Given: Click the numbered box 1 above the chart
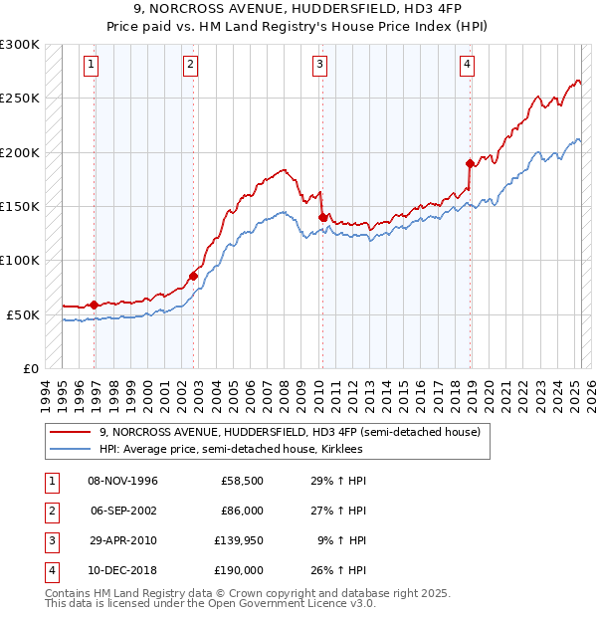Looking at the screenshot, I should (91, 66).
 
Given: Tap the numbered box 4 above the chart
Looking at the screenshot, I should (467, 66).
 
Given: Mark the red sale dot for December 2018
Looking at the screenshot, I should (470, 162).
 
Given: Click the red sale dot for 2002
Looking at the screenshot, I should (193, 276).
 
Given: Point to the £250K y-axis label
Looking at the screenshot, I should (20, 99).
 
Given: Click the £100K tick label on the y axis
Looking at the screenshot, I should (20, 260).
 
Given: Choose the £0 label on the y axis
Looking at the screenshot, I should (31, 368).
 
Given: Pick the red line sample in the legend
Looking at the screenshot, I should (69, 433).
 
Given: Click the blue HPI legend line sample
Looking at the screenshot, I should (69, 449).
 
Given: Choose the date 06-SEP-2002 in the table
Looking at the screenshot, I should (123, 512).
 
